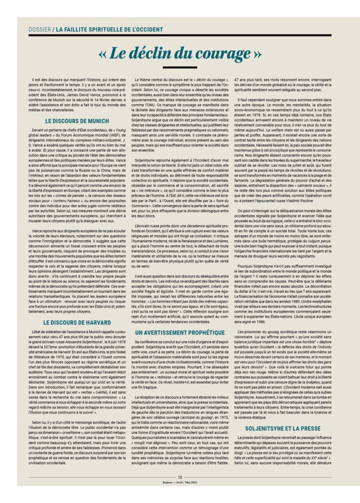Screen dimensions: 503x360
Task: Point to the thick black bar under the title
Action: [179, 67]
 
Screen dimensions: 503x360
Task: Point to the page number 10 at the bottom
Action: [180, 490]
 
